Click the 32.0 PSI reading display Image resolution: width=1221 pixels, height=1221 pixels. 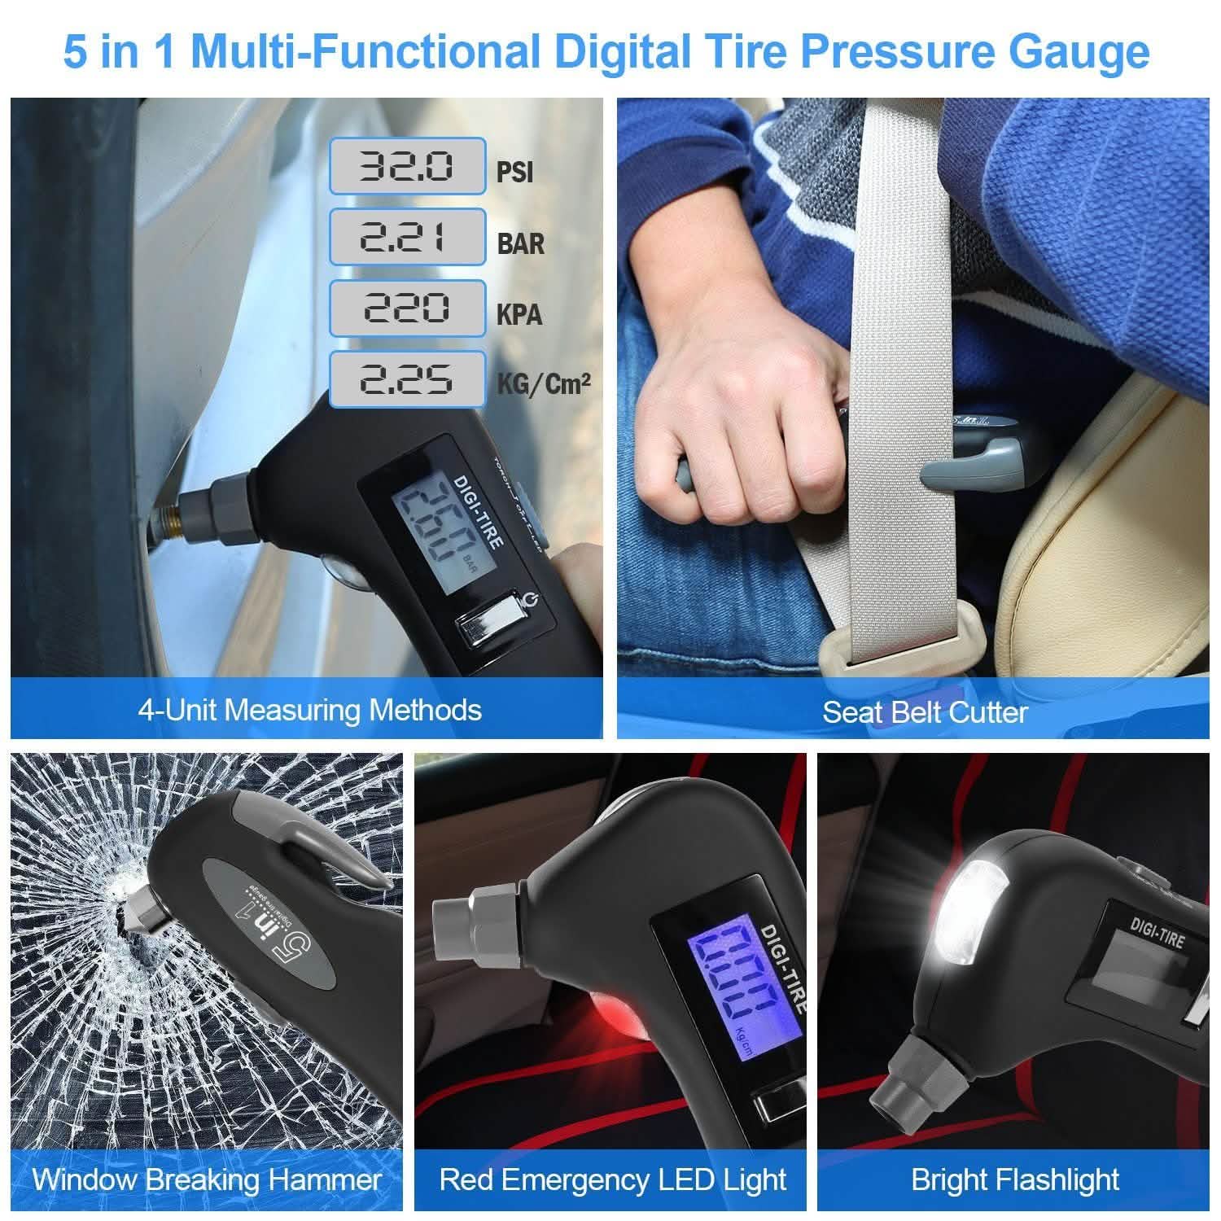click(x=407, y=166)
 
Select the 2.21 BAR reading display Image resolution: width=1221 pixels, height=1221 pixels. click(x=407, y=237)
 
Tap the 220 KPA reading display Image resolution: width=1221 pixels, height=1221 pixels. click(x=407, y=308)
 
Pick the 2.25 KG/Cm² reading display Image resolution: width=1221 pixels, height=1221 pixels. click(x=407, y=379)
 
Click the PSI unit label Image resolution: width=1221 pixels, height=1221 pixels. click(x=514, y=173)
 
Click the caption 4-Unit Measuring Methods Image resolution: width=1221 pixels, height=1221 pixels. click(x=309, y=710)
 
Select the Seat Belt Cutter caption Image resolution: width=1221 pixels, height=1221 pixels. click(x=925, y=712)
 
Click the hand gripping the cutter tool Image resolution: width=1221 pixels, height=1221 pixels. click(x=733, y=456)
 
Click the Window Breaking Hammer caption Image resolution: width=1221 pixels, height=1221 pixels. click(x=207, y=1179)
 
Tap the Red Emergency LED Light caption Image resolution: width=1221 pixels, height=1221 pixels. click(x=612, y=1179)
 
